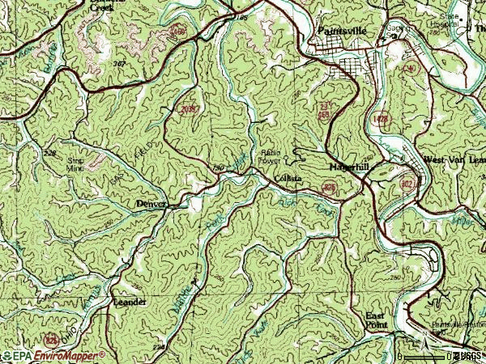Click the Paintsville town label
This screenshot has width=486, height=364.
pos(339,31)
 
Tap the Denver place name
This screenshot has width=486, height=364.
pos(151,204)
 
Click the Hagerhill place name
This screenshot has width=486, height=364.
pos(348,167)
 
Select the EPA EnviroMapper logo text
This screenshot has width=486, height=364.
pos(53,355)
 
